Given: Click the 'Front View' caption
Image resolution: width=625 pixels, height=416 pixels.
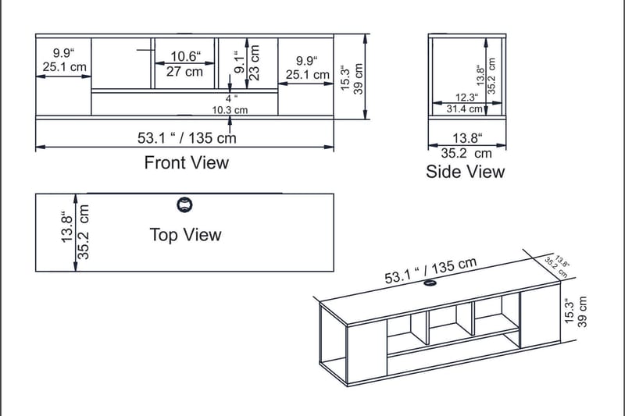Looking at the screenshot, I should tap(187, 162).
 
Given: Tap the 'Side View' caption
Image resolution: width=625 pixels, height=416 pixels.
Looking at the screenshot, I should tap(465, 172).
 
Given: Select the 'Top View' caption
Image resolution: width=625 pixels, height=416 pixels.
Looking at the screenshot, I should tap(185, 235).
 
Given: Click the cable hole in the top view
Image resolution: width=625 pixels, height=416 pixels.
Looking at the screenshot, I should tap(184, 205).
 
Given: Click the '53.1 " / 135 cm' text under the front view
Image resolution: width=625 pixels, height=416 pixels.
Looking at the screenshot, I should tap(187, 138).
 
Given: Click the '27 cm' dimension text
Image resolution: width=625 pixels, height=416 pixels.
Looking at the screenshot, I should tap(184, 72).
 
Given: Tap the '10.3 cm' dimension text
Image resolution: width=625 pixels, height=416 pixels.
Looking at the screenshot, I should tap(230, 110).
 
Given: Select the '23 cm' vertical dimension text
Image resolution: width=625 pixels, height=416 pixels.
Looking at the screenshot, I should tap(255, 59).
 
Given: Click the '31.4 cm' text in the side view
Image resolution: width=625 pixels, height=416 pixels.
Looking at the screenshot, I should tap(465, 109).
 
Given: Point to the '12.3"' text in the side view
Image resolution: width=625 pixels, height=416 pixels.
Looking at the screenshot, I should tap(466, 98).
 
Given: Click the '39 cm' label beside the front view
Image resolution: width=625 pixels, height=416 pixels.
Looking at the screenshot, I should tap(359, 77).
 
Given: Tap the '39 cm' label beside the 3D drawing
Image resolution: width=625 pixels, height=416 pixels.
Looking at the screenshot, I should tap(582, 310).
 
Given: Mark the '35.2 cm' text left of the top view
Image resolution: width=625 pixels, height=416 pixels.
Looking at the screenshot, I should tap(84, 232).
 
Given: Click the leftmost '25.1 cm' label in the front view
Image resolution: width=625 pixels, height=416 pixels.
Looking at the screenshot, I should tap(65, 67).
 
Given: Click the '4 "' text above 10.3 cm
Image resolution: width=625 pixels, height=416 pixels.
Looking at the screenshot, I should tap(231, 99).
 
